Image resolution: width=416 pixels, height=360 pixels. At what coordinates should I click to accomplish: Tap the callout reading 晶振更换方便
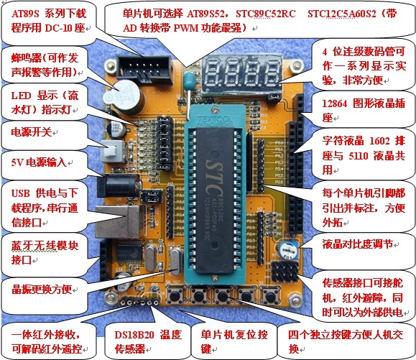(x=41, y=290)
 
